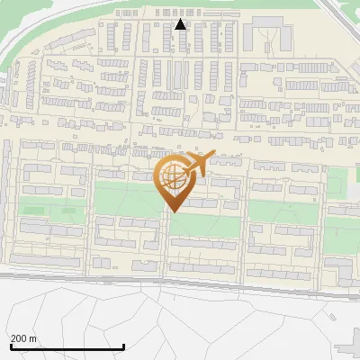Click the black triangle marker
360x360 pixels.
(181, 24)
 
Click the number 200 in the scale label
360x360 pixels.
(19, 338)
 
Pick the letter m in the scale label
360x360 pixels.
(33, 338)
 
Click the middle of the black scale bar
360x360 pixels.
(67, 346)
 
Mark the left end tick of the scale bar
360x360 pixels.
(11, 345)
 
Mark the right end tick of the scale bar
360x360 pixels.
(124, 345)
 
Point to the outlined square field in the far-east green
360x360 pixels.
(334, 184)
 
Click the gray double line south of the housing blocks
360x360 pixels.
(180, 282)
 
